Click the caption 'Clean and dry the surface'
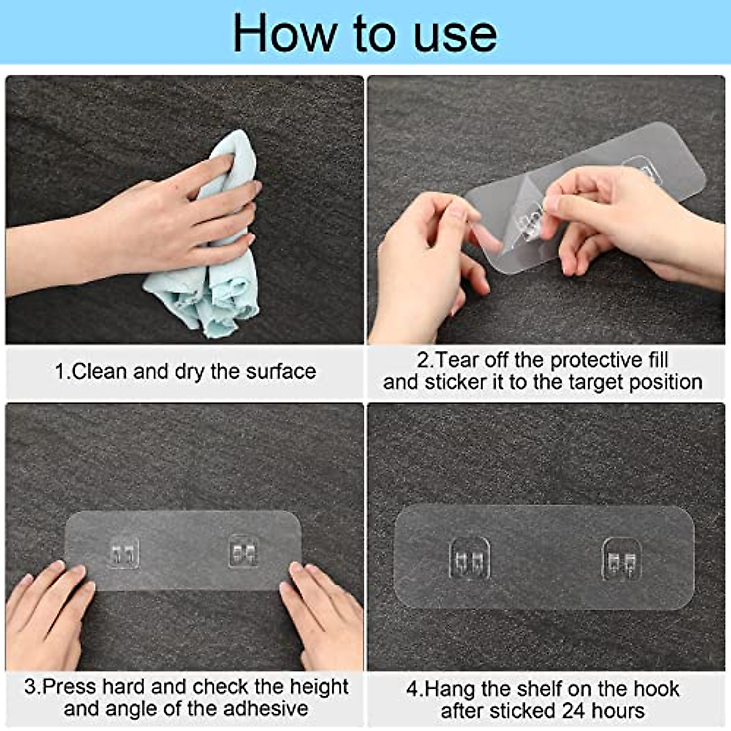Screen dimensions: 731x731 click(x=186, y=371)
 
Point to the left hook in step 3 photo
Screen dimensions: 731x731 click(x=124, y=553)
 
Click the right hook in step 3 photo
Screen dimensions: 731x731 click(x=244, y=551)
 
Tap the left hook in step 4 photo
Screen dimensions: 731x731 click(x=469, y=558)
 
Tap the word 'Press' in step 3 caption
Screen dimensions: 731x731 click(x=70, y=687)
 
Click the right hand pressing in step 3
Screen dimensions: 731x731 click(x=323, y=615)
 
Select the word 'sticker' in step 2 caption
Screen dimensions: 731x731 click(x=454, y=382)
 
